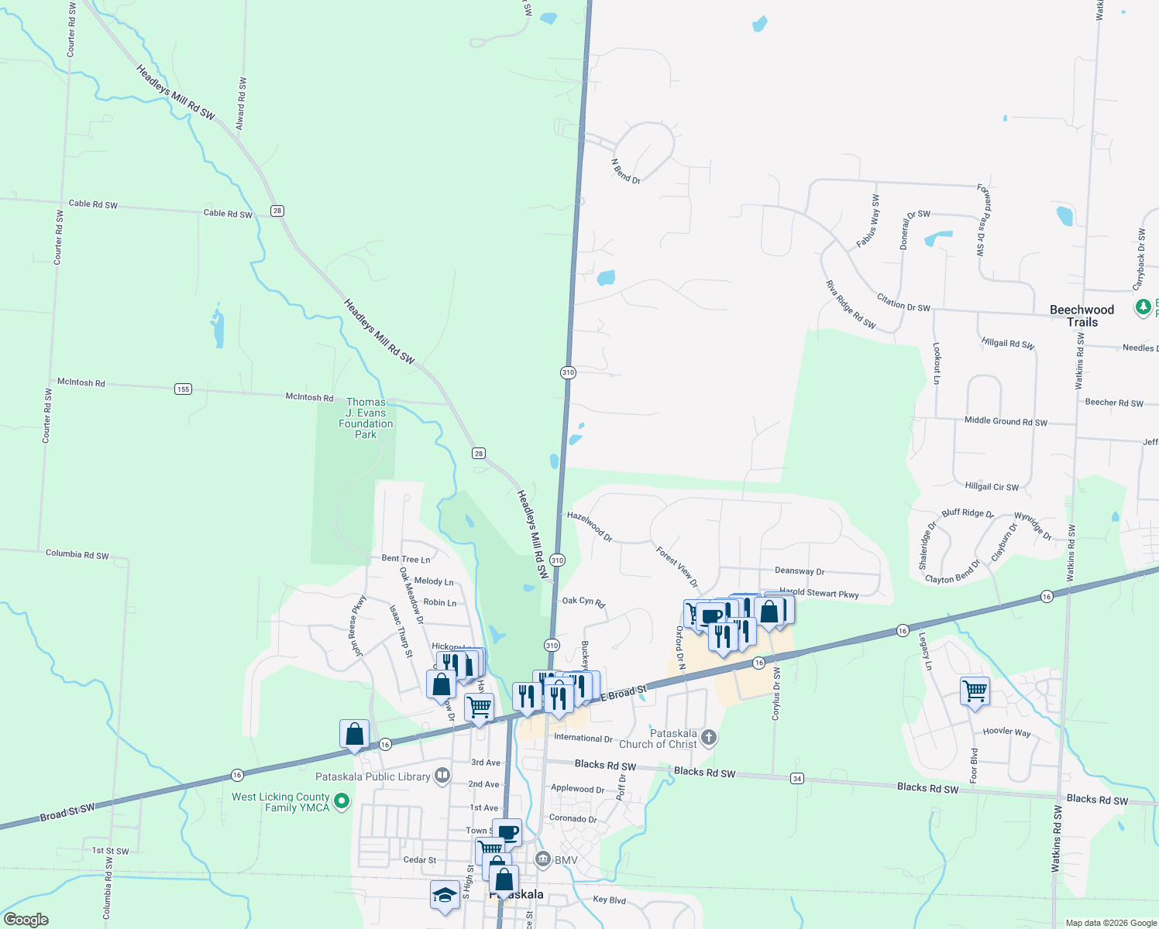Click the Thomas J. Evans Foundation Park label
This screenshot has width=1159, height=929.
[x=366, y=418]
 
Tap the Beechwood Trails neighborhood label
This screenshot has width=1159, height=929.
[x=1082, y=316]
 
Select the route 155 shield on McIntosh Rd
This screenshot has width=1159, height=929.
[x=183, y=389]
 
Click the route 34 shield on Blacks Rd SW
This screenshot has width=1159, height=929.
[x=797, y=778]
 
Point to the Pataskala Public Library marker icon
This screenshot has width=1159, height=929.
[x=442, y=775]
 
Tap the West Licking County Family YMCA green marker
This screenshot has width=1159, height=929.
[x=342, y=801]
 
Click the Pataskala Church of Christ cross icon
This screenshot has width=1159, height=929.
[x=708, y=738]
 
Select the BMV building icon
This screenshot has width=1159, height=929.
[x=542, y=859]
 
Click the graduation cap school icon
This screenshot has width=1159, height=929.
[x=445, y=895]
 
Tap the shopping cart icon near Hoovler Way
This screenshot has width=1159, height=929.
[x=975, y=690]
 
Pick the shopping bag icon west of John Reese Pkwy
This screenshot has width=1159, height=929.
[x=354, y=733]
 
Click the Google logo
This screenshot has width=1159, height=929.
[x=26, y=920]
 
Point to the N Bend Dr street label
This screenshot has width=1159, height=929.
[x=626, y=172]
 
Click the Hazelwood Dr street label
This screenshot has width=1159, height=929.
[x=589, y=526]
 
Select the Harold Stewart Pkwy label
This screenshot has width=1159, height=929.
[x=819, y=593]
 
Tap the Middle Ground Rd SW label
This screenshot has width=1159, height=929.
[x=1006, y=421]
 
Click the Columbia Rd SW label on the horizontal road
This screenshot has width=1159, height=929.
[x=77, y=554]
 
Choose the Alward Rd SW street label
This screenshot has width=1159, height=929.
[x=241, y=103]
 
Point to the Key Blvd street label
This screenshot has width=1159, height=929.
[x=609, y=900]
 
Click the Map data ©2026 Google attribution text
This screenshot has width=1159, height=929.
[x=1111, y=923]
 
